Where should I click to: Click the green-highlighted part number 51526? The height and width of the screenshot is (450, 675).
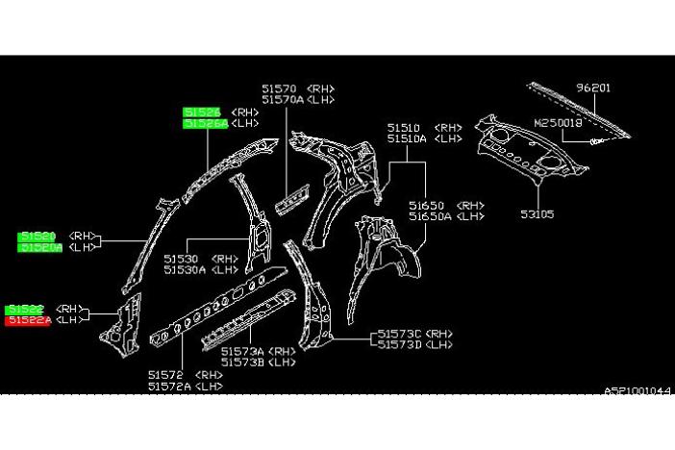[x=204, y=112]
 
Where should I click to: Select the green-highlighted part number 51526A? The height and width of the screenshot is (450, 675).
[x=206, y=123]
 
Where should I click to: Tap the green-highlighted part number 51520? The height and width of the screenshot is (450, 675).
[x=38, y=236]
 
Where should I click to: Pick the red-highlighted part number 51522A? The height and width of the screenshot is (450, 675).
[x=30, y=320]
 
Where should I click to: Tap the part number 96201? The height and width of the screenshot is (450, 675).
[x=593, y=87]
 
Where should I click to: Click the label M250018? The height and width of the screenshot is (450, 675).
[x=560, y=122]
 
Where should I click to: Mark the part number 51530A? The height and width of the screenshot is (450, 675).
[x=184, y=270]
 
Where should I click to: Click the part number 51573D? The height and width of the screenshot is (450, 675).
[x=399, y=344]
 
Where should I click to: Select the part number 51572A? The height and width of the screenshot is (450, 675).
[x=169, y=386]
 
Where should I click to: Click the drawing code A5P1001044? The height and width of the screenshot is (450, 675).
[x=637, y=390]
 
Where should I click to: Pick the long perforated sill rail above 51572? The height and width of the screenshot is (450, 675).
[x=226, y=307]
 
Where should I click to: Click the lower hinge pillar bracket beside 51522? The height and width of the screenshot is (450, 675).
[x=119, y=320]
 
